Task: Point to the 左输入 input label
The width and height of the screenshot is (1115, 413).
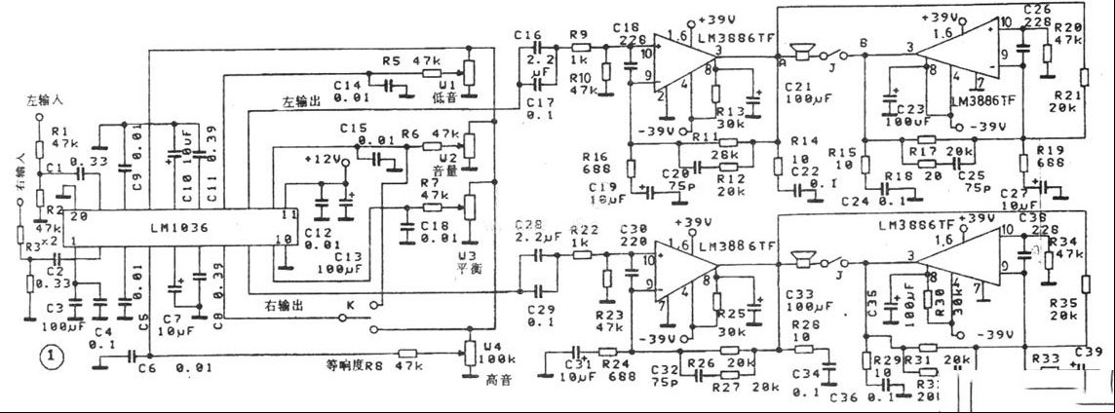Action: pyautogui.click(x=45, y=100)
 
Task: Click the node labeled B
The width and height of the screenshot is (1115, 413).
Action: pyautogui.click(x=864, y=42)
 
